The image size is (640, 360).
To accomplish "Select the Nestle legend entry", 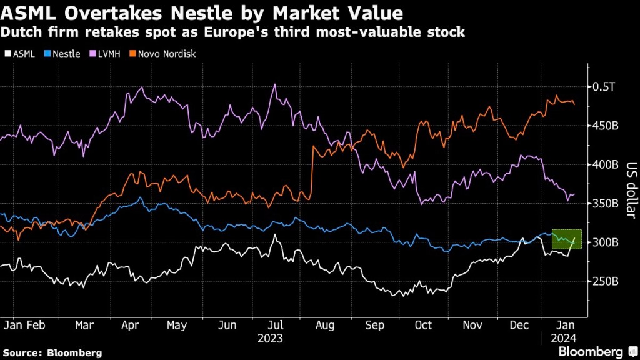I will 62,54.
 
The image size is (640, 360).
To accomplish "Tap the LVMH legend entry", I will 107,54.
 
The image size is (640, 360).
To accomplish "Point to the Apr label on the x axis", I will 129,326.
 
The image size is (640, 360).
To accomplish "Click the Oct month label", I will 424,326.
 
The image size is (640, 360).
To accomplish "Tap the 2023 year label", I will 271,338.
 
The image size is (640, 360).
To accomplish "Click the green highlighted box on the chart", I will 566,239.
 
